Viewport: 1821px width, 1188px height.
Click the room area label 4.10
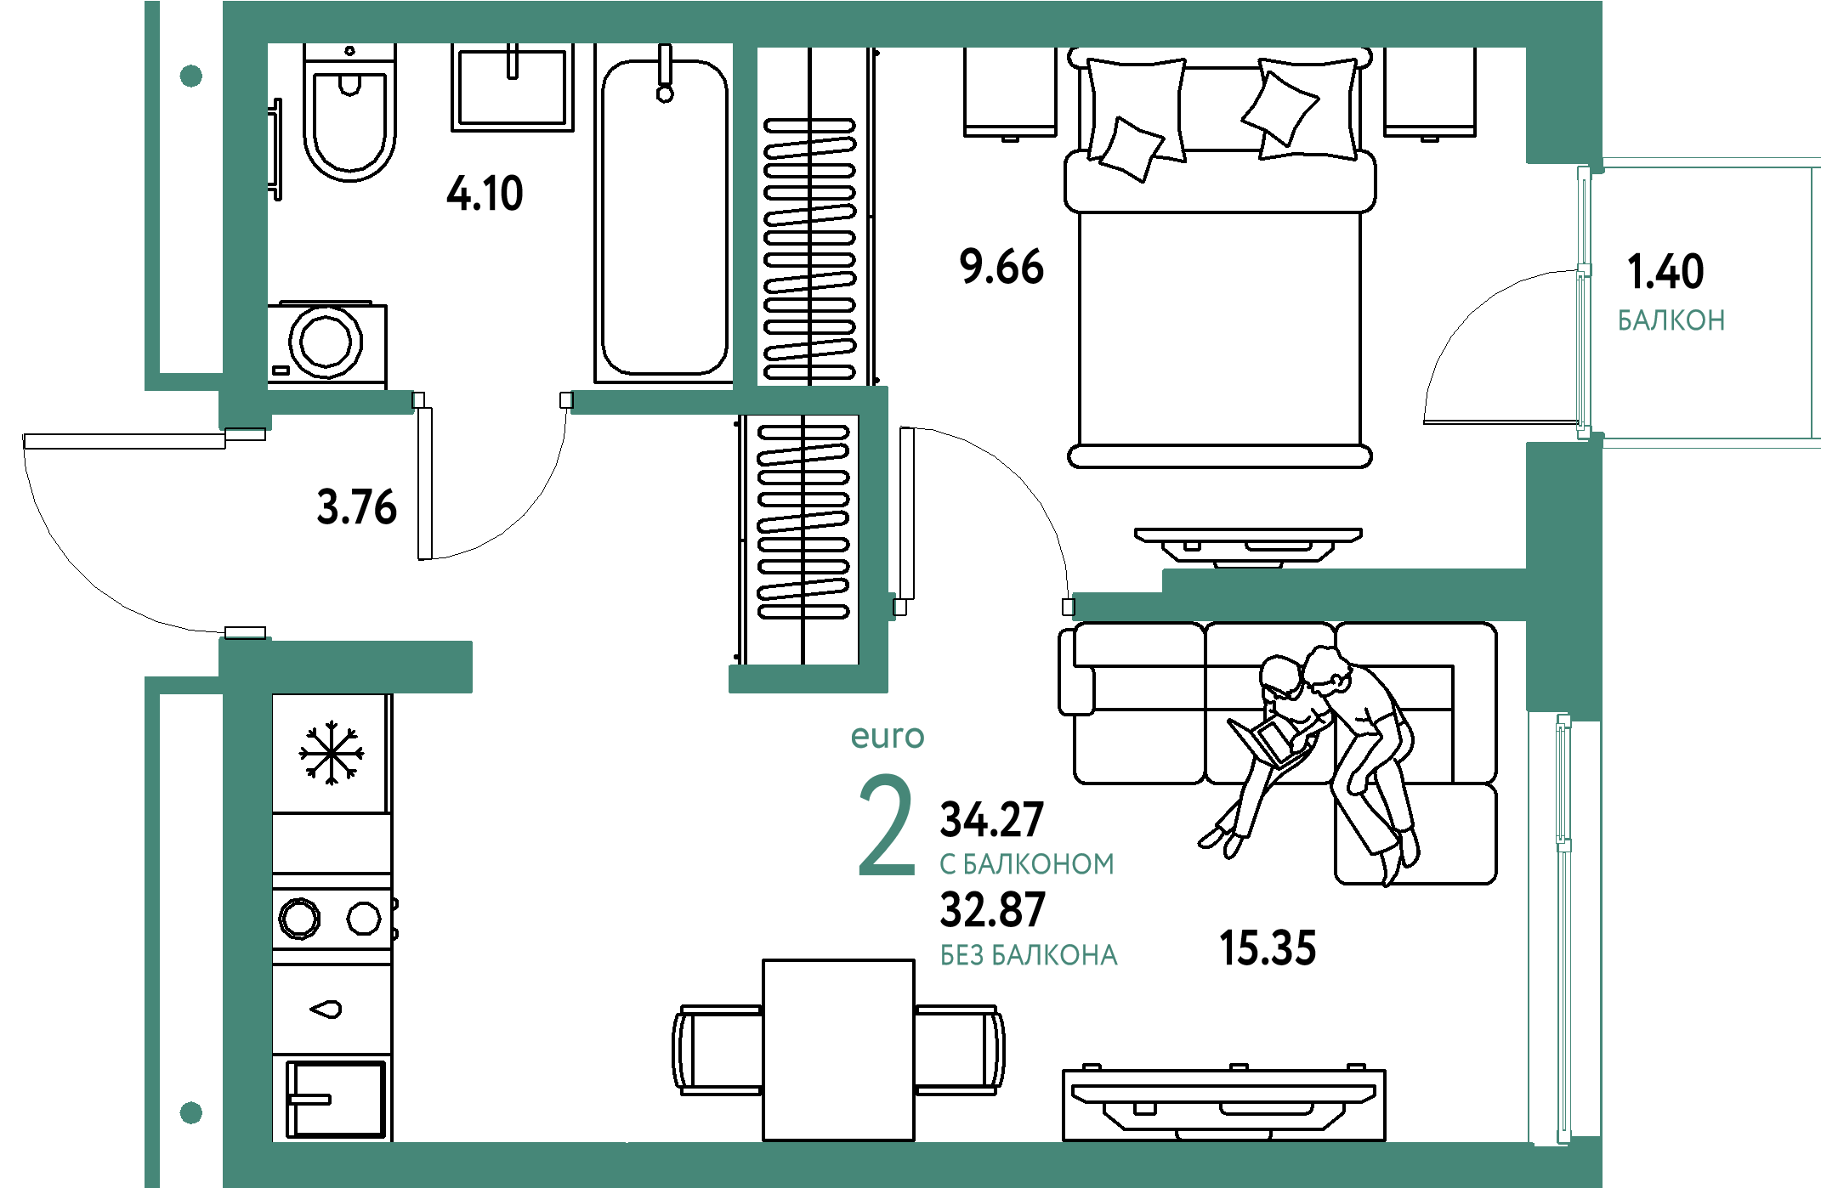coord(485,193)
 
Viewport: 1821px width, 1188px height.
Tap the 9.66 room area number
coord(1001,266)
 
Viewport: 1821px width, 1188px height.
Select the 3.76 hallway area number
coord(356,507)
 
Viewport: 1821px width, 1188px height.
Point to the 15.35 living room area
coord(1268,948)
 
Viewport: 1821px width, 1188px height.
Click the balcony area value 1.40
coord(1664,271)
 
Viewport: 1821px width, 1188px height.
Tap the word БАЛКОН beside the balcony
coord(1671,320)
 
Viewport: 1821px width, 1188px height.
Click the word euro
coord(887,736)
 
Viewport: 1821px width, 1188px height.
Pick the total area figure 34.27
coord(991,819)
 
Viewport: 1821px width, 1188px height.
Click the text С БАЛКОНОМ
coord(1026,864)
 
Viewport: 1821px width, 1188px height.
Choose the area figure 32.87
coord(991,909)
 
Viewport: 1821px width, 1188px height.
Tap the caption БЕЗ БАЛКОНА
coord(1029,955)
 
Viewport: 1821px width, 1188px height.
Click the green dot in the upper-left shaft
coord(191,76)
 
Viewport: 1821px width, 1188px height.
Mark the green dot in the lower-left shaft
coord(191,1112)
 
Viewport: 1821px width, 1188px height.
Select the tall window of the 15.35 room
coord(1563,931)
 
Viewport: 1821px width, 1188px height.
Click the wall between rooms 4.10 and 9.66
coord(745,217)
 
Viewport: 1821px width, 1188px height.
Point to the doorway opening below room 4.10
coord(492,401)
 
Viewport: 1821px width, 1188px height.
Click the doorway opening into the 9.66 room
coord(983,608)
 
